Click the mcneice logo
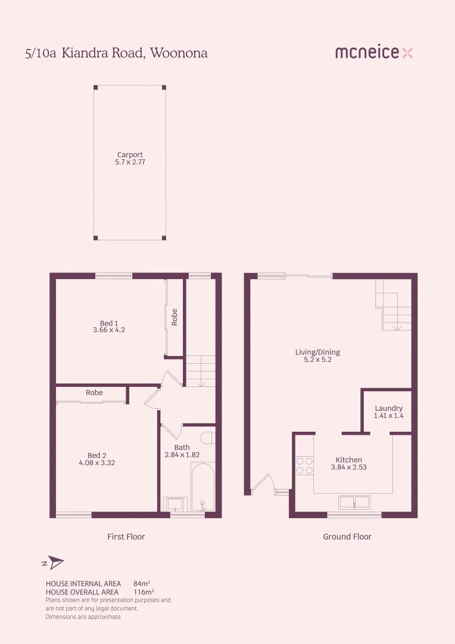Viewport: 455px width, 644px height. tap(374, 52)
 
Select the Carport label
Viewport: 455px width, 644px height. tap(130, 155)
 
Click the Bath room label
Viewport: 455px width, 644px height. tap(182, 447)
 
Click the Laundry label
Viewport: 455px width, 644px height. tap(388, 408)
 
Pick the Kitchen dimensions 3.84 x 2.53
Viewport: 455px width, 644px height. tap(348, 467)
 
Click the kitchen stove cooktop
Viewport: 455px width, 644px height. tap(305, 465)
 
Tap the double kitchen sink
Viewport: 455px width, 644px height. tap(354, 502)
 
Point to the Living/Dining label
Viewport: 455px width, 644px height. tap(317, 352)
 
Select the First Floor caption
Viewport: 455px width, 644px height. tap(126, 537)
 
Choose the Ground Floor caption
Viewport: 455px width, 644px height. tap(347, 537)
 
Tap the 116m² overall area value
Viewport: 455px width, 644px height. tap(142, 592)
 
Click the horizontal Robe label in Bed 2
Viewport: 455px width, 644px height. tap(94, 392)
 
